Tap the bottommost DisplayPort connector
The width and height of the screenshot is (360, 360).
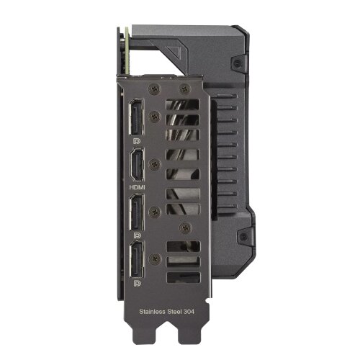coord(138,264)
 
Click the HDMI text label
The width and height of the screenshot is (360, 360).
coord(136,185)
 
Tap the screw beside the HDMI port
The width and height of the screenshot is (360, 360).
coord(155,164)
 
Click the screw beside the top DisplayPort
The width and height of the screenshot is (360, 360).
coord(155,114)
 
